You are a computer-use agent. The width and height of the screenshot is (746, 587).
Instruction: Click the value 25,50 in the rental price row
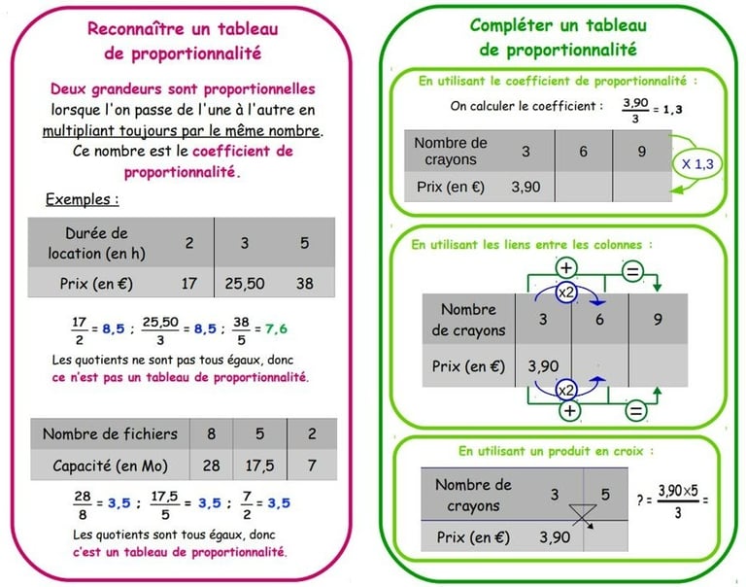(x=245, y=285)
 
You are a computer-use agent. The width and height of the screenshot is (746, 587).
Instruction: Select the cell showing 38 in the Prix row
(x=304, y=285)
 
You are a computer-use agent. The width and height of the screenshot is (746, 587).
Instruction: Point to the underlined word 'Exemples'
(x=82, y=199)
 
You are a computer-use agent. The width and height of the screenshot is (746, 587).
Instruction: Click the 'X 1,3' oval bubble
(x=697, y=164)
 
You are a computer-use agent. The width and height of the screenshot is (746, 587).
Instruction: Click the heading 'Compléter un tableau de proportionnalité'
(x=558, y=37)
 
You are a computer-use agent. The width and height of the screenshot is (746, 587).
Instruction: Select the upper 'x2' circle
(x=566, y=293)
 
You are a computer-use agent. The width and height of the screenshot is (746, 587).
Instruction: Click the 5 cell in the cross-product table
(x=605, y=495)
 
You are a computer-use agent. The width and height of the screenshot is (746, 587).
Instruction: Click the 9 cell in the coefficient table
(x=642, y=151)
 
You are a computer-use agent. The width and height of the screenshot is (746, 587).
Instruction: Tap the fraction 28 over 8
(x=82, y=503)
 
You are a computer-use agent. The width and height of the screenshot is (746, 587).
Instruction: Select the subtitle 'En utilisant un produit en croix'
(x=556, y=451)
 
